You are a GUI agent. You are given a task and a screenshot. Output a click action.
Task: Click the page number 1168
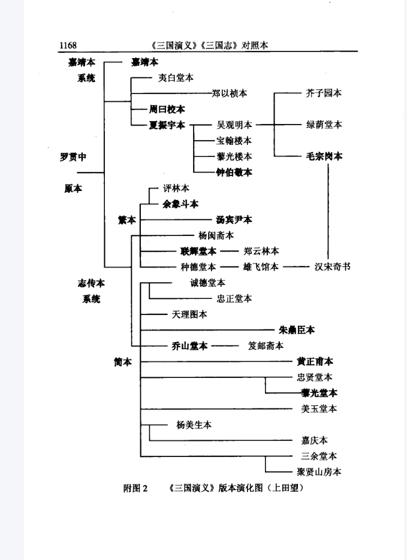[68, 46]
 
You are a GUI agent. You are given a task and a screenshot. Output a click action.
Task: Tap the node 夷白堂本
[176, 78]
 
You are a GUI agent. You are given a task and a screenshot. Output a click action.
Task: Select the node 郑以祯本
[229, 93]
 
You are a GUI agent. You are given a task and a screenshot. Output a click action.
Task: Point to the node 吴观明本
[234, 125]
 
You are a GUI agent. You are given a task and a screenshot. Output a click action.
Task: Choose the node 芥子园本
[324, 93]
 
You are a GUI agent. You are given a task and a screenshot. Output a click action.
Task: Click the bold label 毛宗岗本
[324, 156]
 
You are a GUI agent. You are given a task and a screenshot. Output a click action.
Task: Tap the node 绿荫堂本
[324, 125]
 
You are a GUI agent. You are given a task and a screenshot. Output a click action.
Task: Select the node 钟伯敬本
[234, 172]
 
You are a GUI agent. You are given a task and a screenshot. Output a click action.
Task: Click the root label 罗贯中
[73, 157]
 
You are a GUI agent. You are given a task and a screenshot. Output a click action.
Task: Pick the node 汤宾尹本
[234, 220]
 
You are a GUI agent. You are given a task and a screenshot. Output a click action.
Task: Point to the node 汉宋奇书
[333, 267]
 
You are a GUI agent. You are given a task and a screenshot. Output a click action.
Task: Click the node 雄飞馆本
[261, 267]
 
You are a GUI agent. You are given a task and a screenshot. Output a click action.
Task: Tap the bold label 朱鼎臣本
[297, 330]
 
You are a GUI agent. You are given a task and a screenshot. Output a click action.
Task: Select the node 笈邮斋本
[266, 346]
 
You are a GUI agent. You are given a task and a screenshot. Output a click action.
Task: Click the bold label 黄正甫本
[315, 362]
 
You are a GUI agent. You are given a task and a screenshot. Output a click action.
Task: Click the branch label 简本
[123, 362]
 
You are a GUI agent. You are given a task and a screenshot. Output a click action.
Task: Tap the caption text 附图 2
[135, 488]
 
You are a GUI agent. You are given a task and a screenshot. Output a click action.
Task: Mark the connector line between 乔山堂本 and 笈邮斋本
[225, 346]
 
